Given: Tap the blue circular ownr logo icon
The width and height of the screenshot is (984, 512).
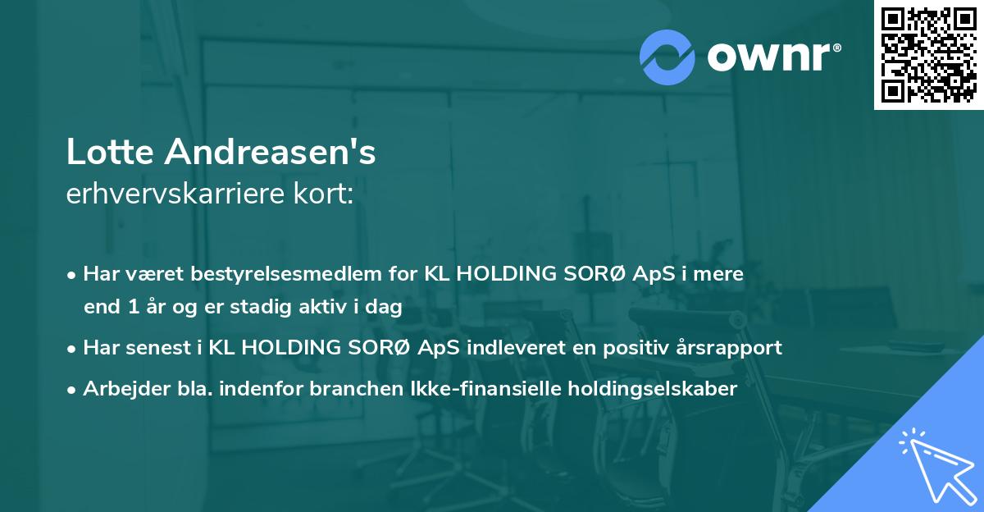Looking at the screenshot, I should (x=667, y=57).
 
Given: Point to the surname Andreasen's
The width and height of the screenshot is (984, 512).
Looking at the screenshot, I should (x=271, y=152).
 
